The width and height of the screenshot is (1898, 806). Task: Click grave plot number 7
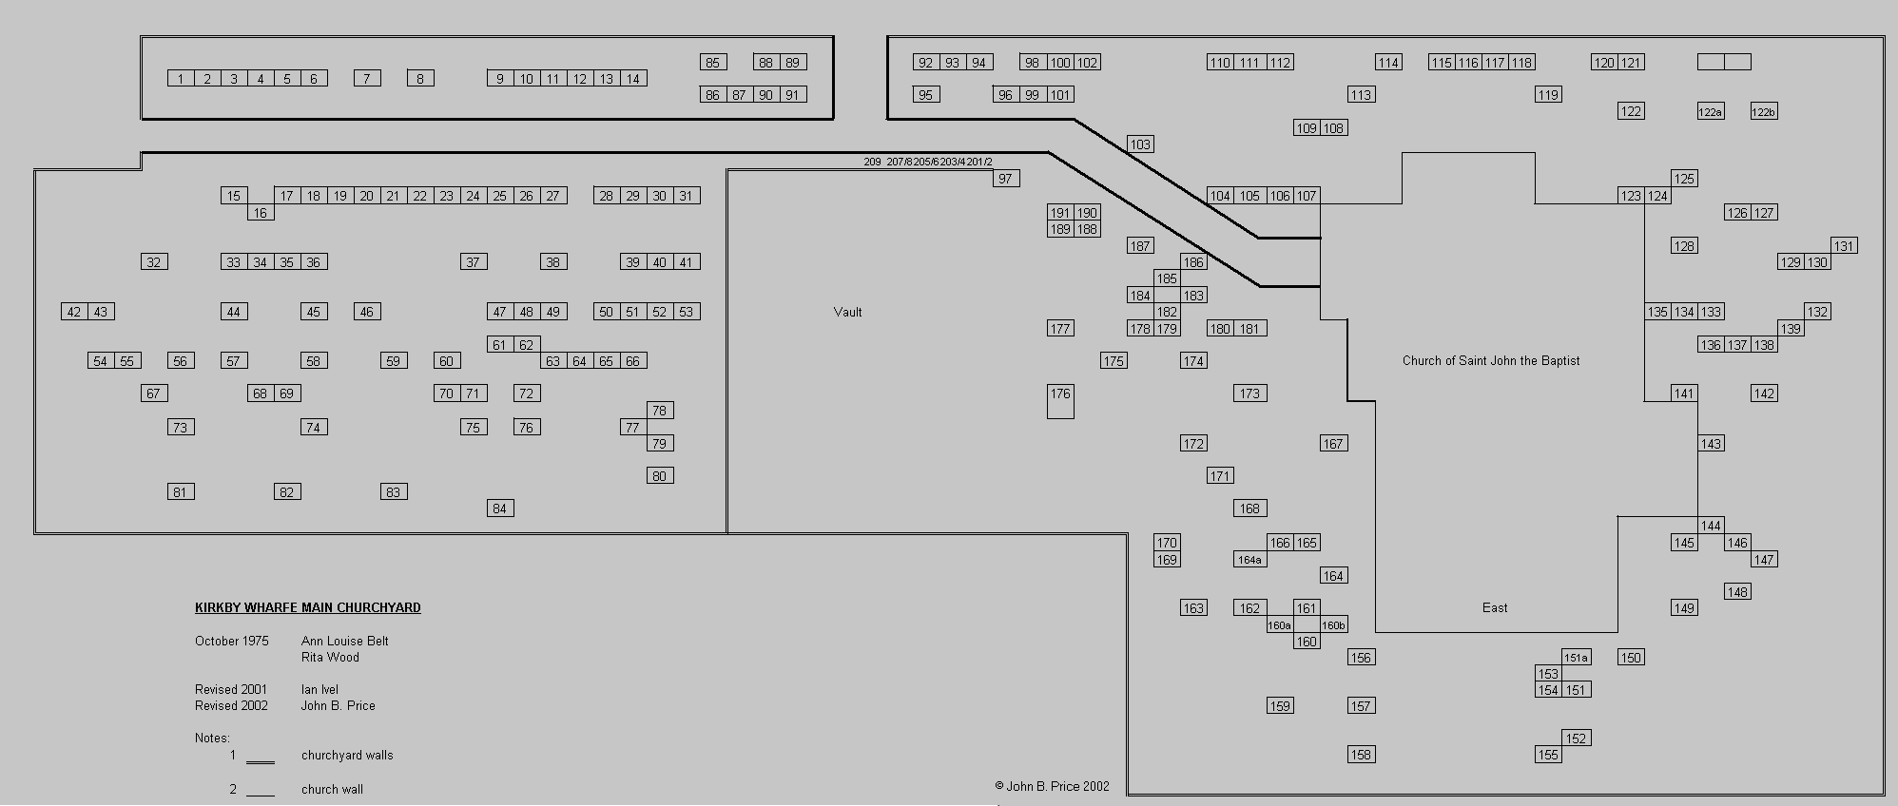pos(367,79)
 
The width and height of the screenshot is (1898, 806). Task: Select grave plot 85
pos(712,63)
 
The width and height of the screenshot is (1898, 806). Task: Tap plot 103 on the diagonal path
pos(1139,144)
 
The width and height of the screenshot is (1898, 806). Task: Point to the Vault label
pos(847,312)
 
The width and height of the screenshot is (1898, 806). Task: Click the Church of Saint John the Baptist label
pos(1490,360)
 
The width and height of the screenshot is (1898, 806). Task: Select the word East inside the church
pos(1494,607)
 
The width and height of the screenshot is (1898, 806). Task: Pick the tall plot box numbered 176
pos(1060,401)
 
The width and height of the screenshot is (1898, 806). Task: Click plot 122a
pos(1710,112)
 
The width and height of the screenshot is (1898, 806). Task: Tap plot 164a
pos(1249,560)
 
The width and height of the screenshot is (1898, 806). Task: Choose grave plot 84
pos(499,509)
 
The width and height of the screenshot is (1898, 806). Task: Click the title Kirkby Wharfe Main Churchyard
pos(307,607)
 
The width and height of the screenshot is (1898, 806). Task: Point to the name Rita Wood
pos(330,657)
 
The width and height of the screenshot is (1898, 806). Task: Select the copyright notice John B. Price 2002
pos(1052,786)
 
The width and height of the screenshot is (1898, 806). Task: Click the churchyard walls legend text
pos(346,756)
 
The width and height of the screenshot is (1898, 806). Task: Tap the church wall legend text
pos(332,789)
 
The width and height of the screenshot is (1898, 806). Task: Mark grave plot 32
pos(154,262)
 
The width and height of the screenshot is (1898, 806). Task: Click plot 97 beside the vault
pos(1005,179)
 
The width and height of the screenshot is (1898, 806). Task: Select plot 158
pos(1361,755)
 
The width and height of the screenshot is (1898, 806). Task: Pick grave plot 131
pos(1844,246)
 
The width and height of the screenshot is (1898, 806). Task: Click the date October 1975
pos(231,641)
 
